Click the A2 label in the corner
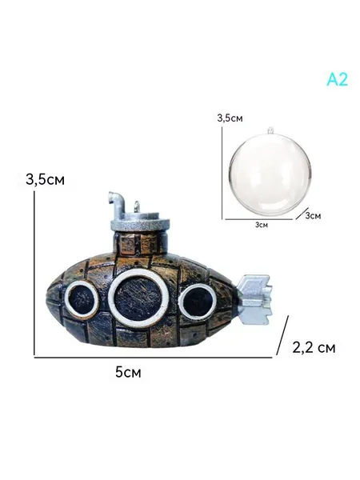pos(338,80)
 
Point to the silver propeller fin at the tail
pos(255,299)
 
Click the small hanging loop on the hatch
pos(137,207)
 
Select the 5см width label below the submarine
pos(128,373)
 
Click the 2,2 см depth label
pos(314,347)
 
